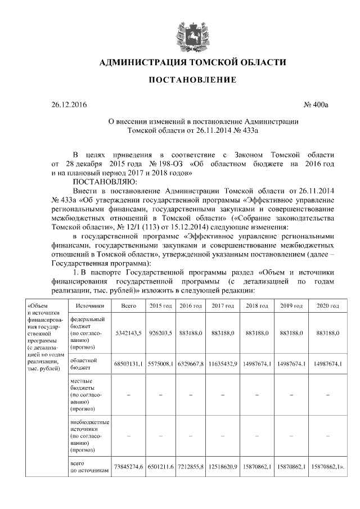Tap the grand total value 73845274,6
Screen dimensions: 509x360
coord(129,466)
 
